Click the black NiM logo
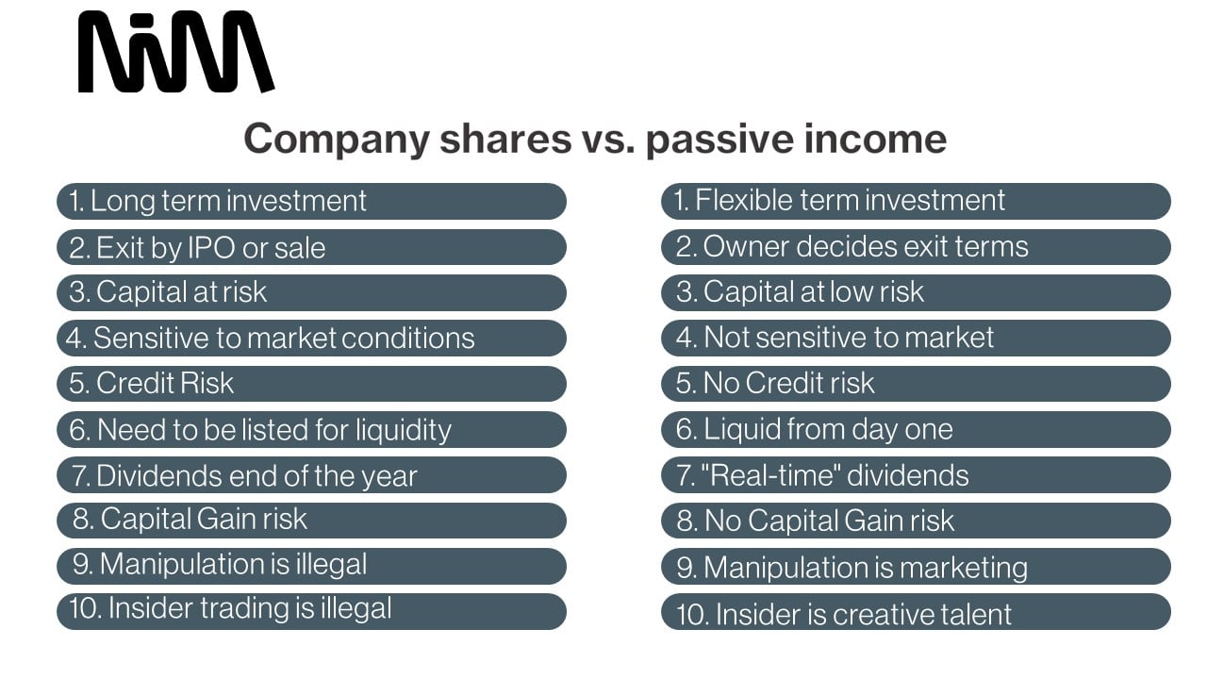point(176,52)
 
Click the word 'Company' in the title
point(337,140)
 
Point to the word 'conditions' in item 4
point(408,338)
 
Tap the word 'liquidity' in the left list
point(404,431)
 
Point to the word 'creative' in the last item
point(882,614)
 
